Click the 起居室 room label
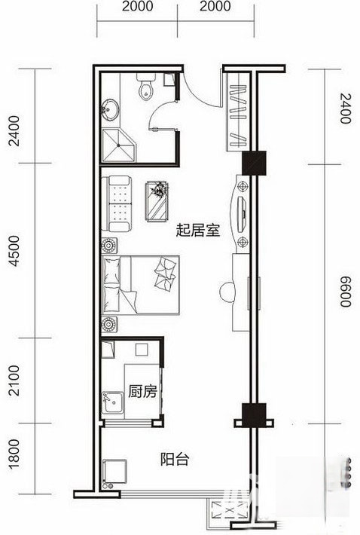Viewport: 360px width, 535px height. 197,231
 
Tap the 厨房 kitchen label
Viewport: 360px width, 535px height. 142,392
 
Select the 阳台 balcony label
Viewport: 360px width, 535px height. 174,458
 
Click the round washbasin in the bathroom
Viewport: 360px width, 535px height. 111,110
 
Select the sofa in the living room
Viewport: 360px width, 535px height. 119,202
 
